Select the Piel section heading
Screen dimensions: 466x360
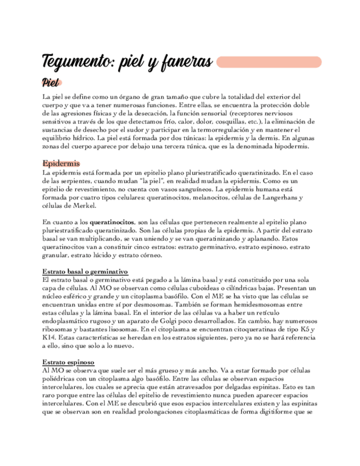[x=51, y=83]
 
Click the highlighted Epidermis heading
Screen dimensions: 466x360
[x=61, y=164]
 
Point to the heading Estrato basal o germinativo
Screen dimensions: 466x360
[x=85, y=271]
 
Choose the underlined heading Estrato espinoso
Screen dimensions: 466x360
[x=68, y=363]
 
